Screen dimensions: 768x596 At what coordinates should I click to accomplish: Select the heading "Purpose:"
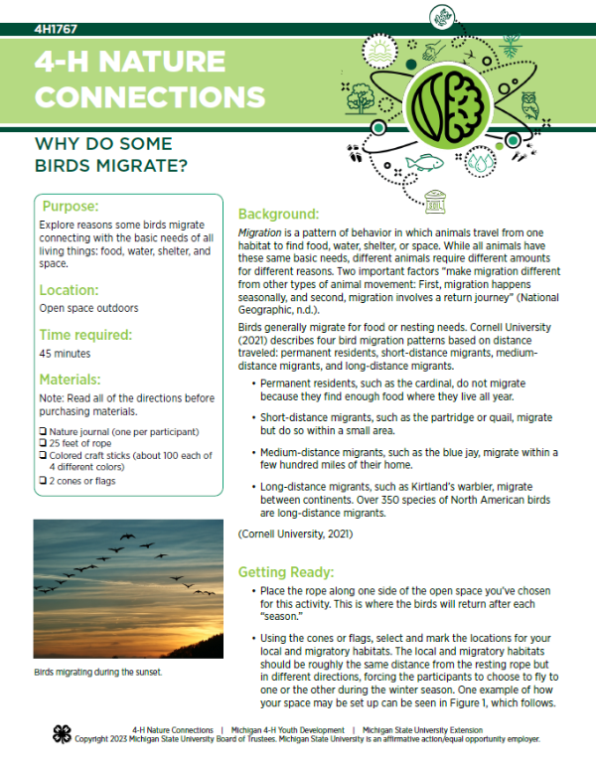(69, 207)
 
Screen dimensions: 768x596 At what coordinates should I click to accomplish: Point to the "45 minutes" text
(65, 353)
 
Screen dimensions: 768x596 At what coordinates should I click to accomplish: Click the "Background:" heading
(278, 215)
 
